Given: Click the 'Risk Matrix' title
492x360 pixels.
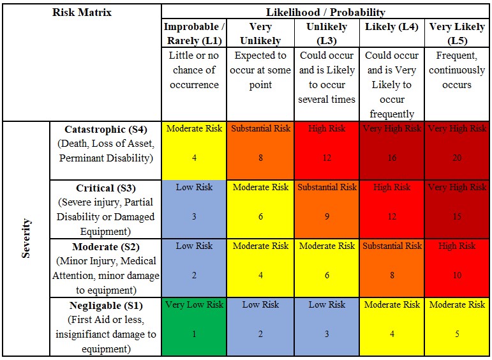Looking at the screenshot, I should (x=82, y=12).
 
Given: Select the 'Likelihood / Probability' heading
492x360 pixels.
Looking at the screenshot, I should (x=325, y=12).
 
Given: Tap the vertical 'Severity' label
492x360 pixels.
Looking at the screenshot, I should (x=26, y=238).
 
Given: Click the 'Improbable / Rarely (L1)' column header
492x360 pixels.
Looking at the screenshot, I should (x=194, y=33).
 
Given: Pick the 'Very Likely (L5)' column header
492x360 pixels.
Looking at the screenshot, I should (x=457, y=33).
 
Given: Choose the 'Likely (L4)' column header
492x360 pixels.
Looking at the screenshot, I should (x=392, y=27).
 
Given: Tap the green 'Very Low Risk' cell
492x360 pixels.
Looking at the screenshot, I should (x=194, y=305).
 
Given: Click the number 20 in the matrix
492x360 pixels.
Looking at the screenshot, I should (x=457, y=158).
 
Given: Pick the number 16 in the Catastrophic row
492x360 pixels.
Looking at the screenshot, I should (x=392, y=158).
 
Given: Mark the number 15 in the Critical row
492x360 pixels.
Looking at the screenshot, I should (x=457, y=216).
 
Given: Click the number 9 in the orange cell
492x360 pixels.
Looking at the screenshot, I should (x=327, y=216).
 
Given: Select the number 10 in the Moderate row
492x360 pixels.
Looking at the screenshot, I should (x=457, y=275).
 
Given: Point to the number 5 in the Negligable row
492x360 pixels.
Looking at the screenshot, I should (x=457, y=333).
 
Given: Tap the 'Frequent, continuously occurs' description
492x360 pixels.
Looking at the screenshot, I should (x=457, y=70).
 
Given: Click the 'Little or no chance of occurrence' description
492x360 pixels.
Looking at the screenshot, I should (x=194, y=70).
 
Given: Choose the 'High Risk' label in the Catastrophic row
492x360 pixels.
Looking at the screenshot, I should (x=327, y=129).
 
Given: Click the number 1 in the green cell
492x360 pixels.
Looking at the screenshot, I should (x=194, y=333).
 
